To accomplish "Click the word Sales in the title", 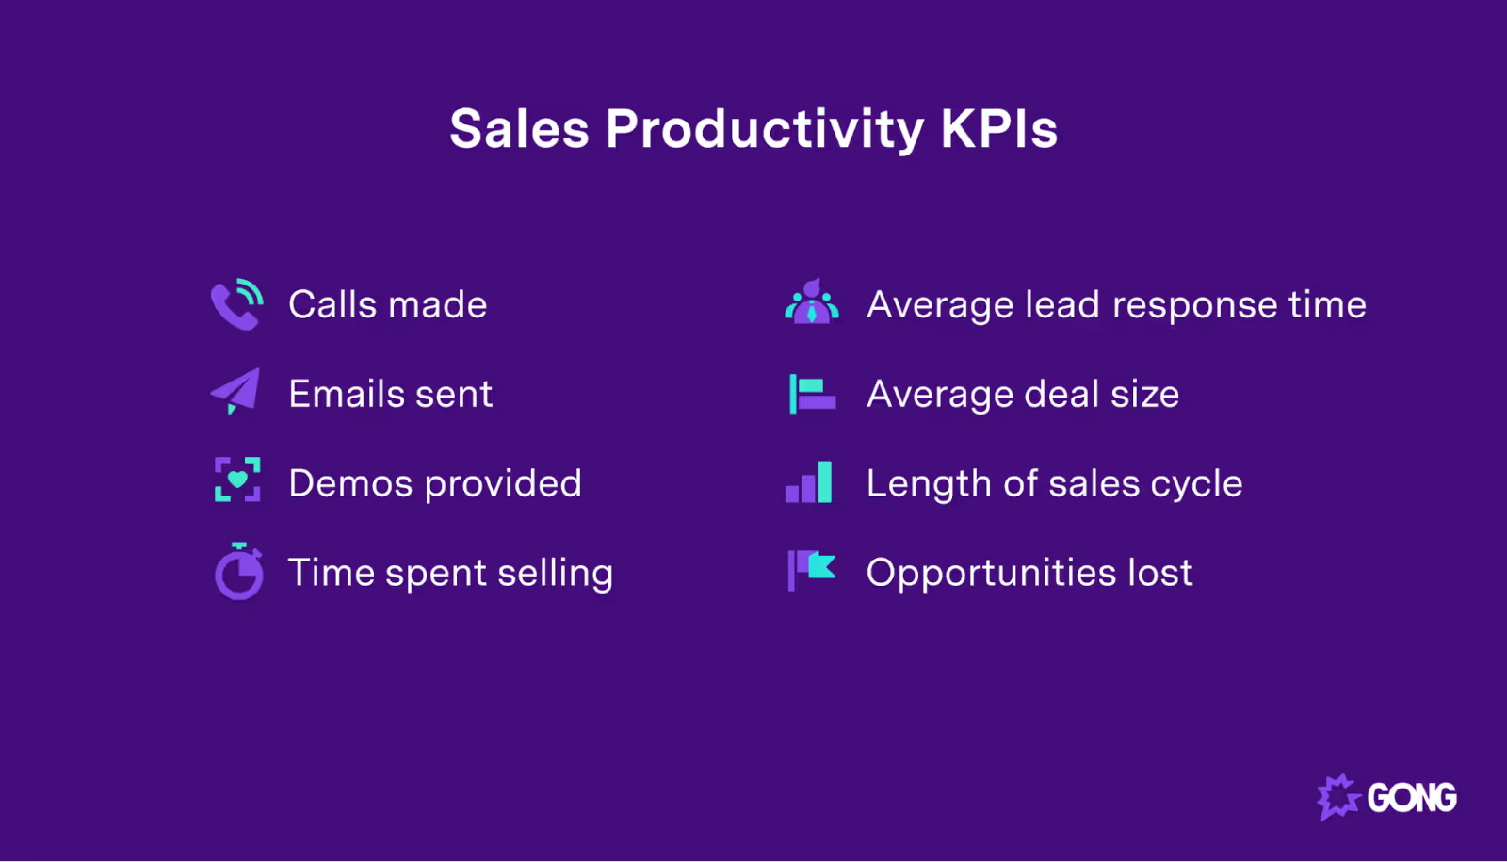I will click(519, 129).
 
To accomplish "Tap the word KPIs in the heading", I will click(999, 129).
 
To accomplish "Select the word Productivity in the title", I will click(765, 129).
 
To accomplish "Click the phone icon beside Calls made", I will click(236, 304).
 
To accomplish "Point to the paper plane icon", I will click(235, 391).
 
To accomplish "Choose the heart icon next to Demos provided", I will click(237, 480).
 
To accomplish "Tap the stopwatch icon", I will click(238, 571).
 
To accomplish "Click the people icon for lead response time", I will click(811, 302).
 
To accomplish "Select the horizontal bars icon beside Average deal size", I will click(811, 394).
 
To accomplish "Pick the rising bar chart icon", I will click(809, 482).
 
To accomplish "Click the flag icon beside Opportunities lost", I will click(811, 570).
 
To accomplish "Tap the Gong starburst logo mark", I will click(1337, 797).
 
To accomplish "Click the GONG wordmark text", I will click(1412, 798).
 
